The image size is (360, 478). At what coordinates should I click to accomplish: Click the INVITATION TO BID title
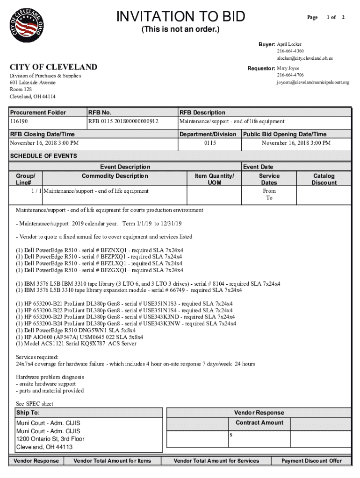(x=180, y=17)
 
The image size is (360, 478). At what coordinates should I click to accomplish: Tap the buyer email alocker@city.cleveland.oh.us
(x=304, y=58)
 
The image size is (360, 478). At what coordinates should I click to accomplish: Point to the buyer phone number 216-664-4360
(x=290, y=51)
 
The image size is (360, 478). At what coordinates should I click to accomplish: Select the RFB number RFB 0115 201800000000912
(x=123, y=121)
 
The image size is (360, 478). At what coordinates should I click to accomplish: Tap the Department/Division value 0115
(x=210, y=143)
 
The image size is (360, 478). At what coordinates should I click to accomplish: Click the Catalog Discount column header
(x=324, y=179)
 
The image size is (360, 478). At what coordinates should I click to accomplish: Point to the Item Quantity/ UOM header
(x=214, y=179)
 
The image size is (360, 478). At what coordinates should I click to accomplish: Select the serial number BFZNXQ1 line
(x=99, y=250)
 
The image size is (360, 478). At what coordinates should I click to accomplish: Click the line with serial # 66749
(x=129, y=290)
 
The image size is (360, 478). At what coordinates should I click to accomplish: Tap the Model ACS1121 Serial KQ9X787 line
(x=76, y=344)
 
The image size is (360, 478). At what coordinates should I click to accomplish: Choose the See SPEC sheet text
(x=35, y=404)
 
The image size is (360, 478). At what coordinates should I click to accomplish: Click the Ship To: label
(x=28, y=413)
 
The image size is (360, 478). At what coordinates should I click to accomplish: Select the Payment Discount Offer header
(x=311, y=461)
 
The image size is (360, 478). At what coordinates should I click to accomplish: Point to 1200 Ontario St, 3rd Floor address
(x=50, y=439)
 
